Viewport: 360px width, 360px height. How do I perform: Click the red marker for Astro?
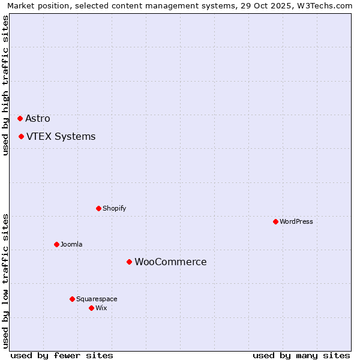20,118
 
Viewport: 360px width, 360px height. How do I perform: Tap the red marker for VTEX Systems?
21,136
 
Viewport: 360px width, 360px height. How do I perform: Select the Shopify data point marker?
98,208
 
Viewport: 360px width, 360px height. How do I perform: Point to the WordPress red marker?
275,221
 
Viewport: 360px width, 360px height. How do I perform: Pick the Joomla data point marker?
56,244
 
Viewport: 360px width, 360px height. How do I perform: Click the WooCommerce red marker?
129,262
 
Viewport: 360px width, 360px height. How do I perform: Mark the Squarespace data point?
72,299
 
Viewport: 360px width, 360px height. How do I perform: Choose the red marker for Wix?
91,308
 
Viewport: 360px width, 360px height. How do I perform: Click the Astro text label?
38,118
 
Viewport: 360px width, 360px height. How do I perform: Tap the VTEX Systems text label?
61,136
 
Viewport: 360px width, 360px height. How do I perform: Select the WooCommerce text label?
170,262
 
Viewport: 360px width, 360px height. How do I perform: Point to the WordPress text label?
296,221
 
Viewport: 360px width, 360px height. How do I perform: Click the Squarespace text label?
97,299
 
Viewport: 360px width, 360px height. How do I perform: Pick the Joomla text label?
71,244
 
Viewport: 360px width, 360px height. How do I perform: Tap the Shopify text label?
114,208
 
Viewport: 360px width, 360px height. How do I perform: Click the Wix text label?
101,308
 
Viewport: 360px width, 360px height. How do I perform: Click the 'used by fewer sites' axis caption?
62,355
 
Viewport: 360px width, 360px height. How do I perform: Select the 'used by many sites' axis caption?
301,355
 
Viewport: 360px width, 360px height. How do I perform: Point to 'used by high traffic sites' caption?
5,85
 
